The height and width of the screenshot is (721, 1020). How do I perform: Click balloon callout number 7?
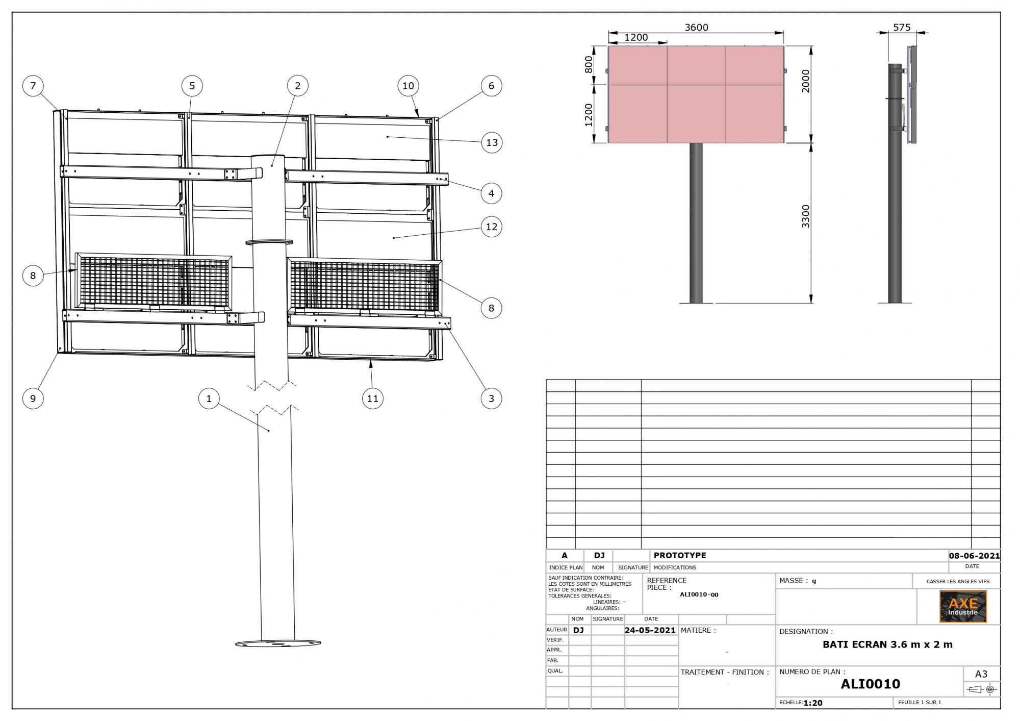33,86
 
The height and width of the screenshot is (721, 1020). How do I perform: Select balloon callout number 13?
492,142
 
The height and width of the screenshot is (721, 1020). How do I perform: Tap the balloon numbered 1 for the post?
209,399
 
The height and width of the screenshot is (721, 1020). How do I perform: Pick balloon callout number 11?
373,399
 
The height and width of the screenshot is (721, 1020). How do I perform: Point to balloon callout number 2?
298,86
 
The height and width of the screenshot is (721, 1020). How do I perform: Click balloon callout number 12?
492,227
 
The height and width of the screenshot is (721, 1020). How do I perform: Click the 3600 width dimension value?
696,28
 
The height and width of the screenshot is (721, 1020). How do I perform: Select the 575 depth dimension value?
902,28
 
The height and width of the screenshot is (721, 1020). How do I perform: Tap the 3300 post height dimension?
805,216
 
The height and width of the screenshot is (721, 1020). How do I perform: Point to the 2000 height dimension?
805,81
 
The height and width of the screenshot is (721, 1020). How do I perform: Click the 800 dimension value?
589,65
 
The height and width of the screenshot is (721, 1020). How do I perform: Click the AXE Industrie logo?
963,607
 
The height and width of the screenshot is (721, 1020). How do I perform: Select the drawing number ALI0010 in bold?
870,684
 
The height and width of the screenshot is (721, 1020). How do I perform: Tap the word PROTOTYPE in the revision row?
680,555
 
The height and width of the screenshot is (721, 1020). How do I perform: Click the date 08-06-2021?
974,556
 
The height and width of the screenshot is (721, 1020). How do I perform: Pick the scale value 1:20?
813,703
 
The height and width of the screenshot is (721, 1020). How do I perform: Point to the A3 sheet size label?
981,674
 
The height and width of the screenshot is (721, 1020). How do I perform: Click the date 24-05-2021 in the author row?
650,630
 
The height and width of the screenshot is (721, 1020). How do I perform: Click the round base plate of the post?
278,643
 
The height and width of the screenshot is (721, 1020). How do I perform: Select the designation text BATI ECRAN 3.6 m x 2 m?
887,644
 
